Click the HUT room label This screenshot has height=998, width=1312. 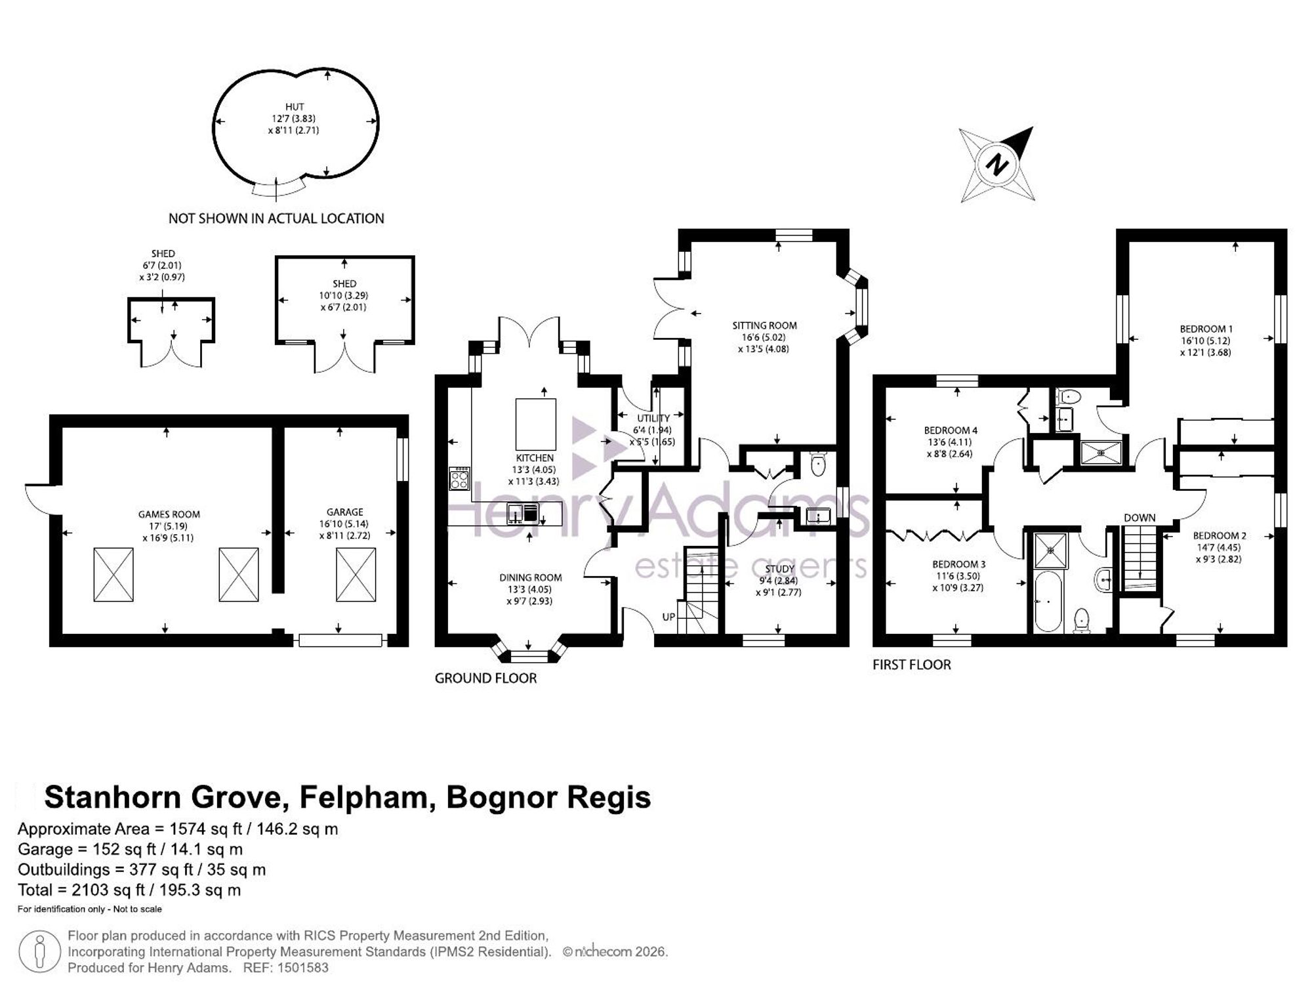(x=295, y=106)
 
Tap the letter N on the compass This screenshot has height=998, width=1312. (x=997, y=164)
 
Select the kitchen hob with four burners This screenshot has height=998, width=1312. (x=459, y=478)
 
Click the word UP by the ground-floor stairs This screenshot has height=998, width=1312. (x=668, y=617)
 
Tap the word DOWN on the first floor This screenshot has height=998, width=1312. (x=1139, y=518)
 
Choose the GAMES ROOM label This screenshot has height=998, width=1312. (x=169, y=514)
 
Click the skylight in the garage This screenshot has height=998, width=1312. (x=356, y=575)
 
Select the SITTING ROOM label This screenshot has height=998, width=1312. (x=765, y=325)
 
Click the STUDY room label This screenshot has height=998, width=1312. (x=780, y=569)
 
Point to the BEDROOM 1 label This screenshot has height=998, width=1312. (x=1206, y=329)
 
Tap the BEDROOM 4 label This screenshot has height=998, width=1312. (x=951, y=430)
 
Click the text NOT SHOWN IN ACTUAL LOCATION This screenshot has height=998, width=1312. (x=276, y=218)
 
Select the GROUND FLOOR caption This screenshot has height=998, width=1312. (x=485, y=678)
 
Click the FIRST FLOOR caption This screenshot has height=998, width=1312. (x=912, y=665)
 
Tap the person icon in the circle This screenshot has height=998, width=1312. (x=40, y=951)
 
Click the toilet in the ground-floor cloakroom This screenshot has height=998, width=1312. (x=818, y=464)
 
